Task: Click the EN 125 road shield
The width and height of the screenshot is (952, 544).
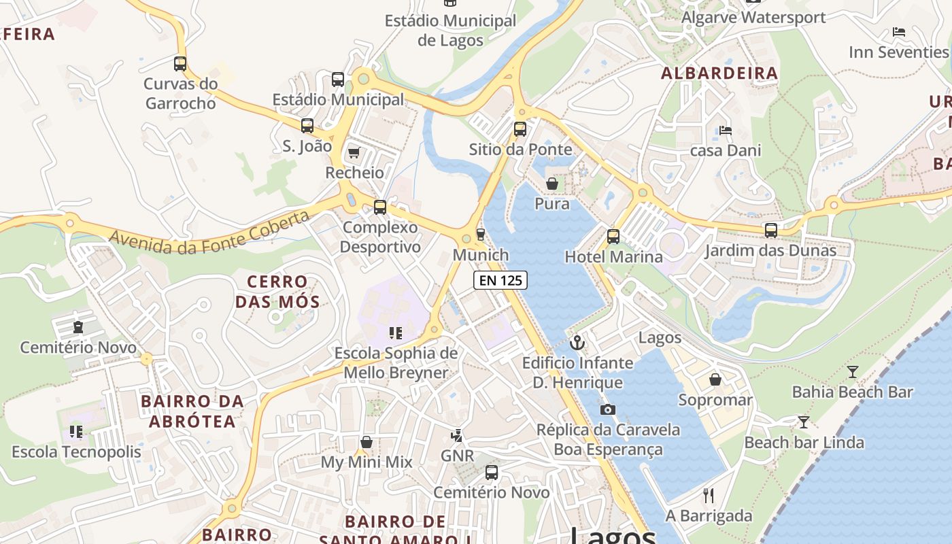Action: point(500,279)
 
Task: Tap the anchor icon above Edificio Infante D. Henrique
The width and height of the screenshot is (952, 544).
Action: point(577,343)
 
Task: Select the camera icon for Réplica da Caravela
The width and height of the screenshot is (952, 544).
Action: point(608,409)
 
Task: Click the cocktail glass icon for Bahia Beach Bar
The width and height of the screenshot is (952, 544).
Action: point(853,371)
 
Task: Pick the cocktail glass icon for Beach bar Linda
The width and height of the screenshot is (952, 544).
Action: point(803,422)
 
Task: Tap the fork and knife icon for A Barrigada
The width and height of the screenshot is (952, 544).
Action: point(709,495)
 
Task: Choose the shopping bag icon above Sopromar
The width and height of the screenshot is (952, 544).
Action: point(715,379)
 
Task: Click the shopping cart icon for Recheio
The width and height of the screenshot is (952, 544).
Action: point(354,152)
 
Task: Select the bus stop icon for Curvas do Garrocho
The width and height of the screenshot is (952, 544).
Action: point(180,64)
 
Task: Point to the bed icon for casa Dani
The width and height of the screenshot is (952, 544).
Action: point(726,130)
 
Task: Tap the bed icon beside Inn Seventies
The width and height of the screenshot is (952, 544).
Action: point(899,32)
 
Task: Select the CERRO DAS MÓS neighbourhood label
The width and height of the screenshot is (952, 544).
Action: point(277,291)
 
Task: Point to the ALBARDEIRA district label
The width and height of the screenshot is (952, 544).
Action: point(719,73)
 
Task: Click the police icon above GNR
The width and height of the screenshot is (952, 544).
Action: point(457,435)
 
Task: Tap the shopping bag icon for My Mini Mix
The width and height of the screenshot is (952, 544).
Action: point(367,442)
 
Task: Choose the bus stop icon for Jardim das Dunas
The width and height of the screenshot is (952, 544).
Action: point(770,231)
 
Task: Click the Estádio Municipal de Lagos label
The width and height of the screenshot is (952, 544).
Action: point(451,31)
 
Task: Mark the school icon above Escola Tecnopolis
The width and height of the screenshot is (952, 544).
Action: point(76,432)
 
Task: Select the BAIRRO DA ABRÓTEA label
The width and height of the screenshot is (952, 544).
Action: point(192,411)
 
